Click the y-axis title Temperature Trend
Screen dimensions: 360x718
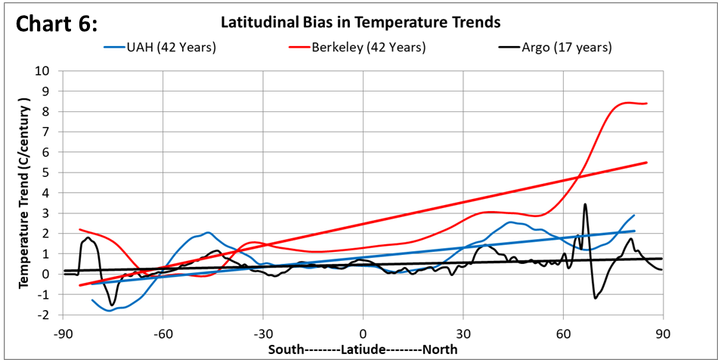click(x=24, y=192)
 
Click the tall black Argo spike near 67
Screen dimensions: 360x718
click(x=585, y=204)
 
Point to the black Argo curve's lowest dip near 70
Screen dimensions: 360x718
click(x=596, y=297)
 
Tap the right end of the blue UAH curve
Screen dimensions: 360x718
click(x=633, y=216)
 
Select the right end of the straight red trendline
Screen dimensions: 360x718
click(x=646, y=163)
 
